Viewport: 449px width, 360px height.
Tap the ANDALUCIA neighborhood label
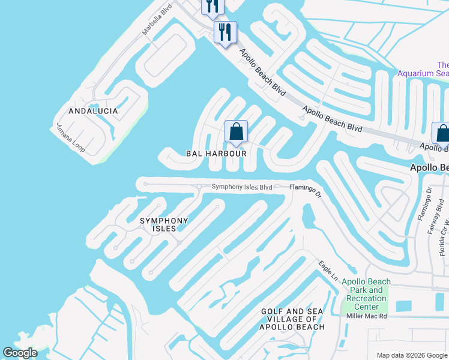pyautogui.click(x=93, y=112)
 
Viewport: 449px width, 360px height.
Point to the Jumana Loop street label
pyautogui.click(x=71, y=137)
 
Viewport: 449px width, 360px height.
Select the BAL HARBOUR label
pyautogui.click(x=216, y=154)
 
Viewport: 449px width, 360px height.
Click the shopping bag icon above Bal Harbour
pyautogui.click(x=237, y=132)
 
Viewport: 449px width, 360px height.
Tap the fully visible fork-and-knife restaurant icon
pyautogui.click(x=225, y=32)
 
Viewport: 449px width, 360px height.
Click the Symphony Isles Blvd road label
pyautogui.click(x=241, y=187)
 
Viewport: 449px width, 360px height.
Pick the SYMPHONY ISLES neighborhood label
pyautogui.click(x=163, y=224)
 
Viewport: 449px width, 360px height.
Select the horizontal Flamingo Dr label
pyautogui.click(x=306, y=187)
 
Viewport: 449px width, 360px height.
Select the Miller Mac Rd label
pyautogui.click(x=366, y=316)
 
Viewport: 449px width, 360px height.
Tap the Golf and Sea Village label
pyautogui.click(x=292, y=319)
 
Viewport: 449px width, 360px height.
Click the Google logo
pyautogui.click(x=20, y=353)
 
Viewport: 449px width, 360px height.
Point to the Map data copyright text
pyautogui.click(x=411, y=355)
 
